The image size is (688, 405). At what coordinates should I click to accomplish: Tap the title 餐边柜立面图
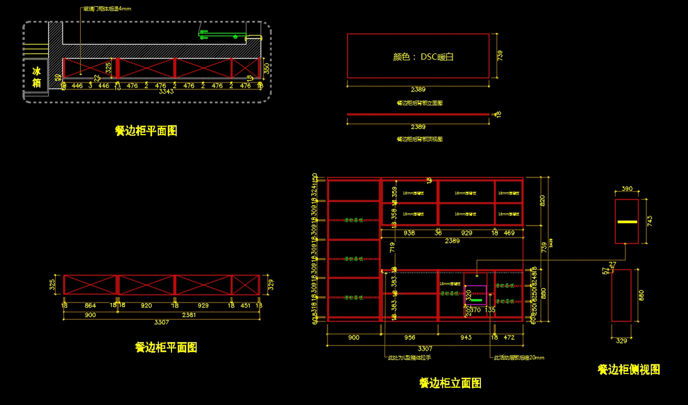[450, 383]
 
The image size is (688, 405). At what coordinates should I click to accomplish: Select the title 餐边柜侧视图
[628, 369]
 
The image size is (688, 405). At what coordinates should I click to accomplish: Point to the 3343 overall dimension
[166, 92]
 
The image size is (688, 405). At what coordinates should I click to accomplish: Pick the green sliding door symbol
[221, 33]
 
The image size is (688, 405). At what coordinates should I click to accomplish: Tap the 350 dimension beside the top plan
[267, 68]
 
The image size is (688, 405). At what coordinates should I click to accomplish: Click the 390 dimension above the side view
[627, 188]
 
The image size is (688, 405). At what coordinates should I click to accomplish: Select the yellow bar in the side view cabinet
[627, 221]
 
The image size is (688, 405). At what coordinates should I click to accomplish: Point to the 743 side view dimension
[650, 221]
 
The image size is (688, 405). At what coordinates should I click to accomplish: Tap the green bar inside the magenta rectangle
[476, 300]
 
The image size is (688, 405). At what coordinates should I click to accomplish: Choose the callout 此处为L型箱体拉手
[409, 357]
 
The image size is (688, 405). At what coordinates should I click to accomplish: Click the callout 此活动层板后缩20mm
[519, 357]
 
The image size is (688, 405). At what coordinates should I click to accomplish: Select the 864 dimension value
[90, 306]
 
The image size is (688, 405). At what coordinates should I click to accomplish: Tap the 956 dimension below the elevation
[409, 337]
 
